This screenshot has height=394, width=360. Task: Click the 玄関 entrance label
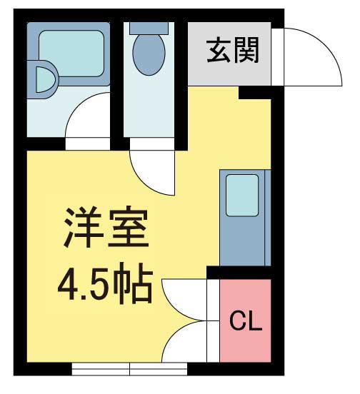click(232, 51)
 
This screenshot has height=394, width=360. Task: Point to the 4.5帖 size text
click(105, 284)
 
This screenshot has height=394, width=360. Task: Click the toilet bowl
click(149, 51)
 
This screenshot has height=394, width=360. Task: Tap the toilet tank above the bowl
click(149, 27)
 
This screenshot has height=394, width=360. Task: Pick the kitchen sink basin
click(242, 194)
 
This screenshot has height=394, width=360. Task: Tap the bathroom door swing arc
click(89, 118)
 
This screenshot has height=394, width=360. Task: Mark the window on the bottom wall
click(130, 368)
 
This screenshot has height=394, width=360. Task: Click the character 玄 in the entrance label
click(219, 51)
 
